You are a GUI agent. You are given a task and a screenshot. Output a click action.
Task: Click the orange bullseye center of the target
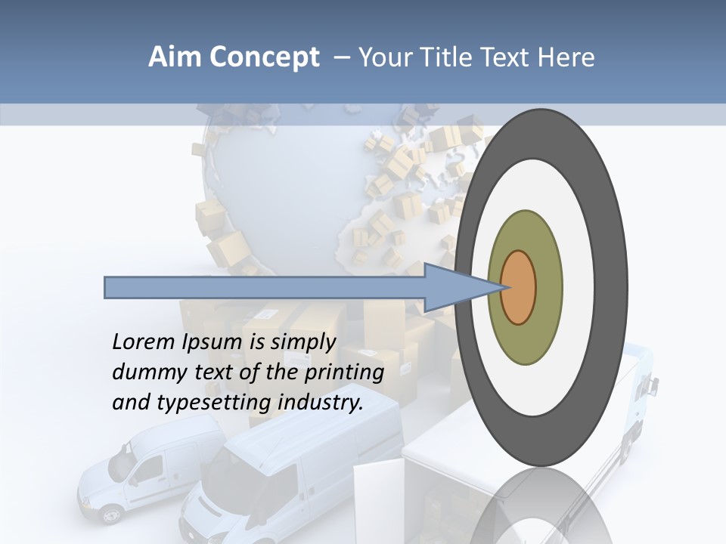519,288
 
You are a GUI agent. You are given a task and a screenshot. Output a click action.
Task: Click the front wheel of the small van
111,515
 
